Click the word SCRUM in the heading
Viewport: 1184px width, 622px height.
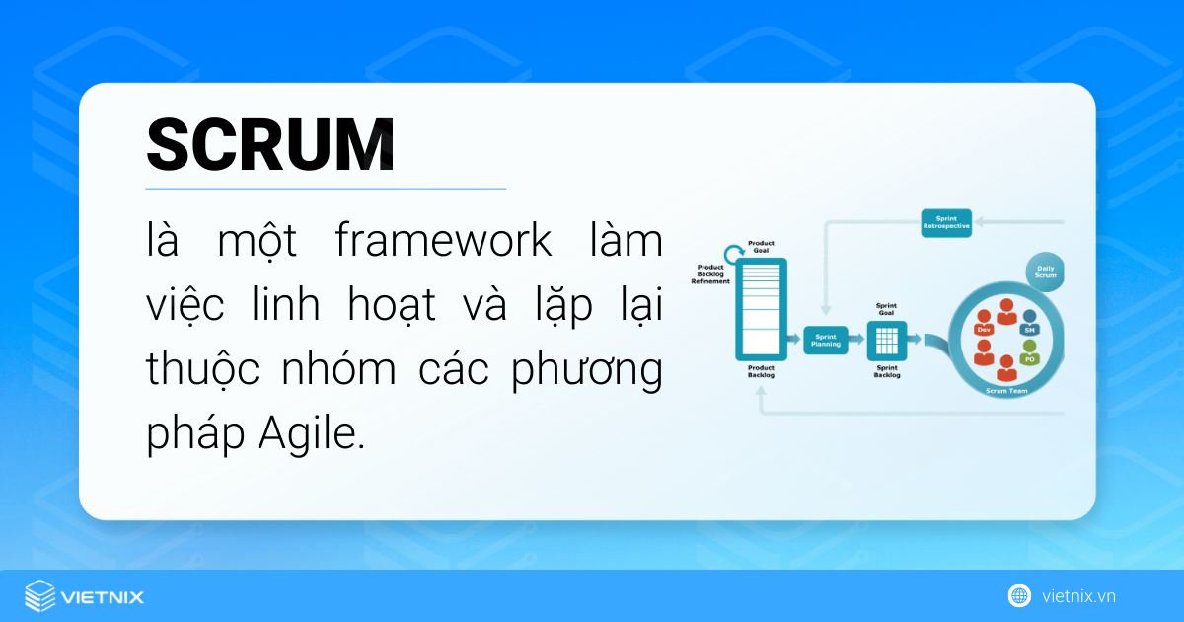point(270,146)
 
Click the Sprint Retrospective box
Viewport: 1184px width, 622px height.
point(946,221)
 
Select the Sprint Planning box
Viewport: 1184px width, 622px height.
point(826,341)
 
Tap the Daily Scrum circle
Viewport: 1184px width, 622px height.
point(1045,271)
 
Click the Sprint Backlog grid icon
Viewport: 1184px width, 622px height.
point(886,341)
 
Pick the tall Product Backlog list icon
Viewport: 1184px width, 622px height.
point(761,308)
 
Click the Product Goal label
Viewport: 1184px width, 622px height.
point(761,246)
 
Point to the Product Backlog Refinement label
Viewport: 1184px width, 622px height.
point(712,273)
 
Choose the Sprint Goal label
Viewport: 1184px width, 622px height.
point(886,310)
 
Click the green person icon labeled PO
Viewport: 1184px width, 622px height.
point(1029,354)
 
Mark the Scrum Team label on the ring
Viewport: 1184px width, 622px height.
point(1006,391)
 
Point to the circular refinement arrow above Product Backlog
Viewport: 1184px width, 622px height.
point(733,253)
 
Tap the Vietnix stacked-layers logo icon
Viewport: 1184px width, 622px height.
point(39,596)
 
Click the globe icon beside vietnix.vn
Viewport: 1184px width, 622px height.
point(1018,595)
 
